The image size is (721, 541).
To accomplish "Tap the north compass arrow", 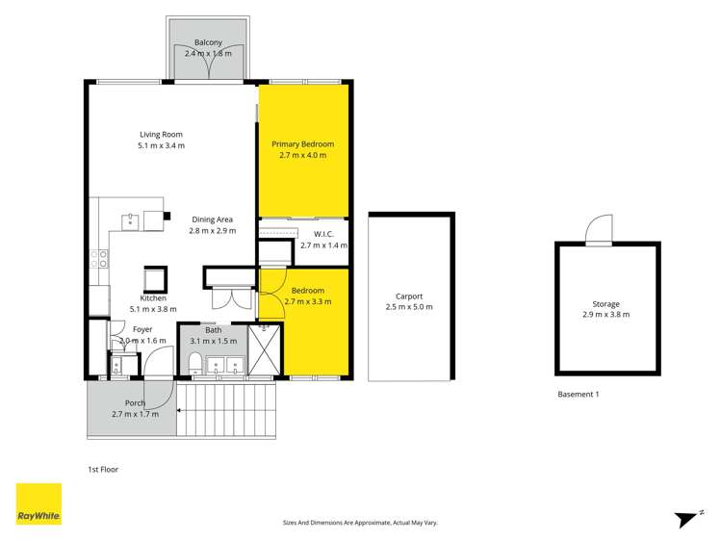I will click(x=686, y=517).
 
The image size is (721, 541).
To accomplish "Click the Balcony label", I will click(x=208, y=43).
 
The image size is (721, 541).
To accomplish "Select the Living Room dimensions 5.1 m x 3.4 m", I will click(x=161, y=145).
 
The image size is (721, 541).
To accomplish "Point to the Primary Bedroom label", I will click(x=302, y=143).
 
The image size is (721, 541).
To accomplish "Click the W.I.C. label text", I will click(x=322, y=233).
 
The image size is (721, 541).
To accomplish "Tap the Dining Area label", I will click(x=211, y=219).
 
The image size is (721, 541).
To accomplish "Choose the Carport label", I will click(x=409, y=296).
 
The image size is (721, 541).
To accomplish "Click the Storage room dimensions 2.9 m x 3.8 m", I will click(x=606, y=314).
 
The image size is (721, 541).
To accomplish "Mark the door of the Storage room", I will click(x=599, y=229).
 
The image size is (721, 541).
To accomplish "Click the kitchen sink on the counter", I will click(x=129, y=221).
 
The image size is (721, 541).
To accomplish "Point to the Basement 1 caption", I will click(x=579, y=394).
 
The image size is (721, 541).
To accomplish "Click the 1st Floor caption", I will click(x=102, y=470).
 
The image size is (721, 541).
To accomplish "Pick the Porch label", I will click(x=135, y=402).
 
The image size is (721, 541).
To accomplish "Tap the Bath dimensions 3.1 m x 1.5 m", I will click(x=213, y=341).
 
